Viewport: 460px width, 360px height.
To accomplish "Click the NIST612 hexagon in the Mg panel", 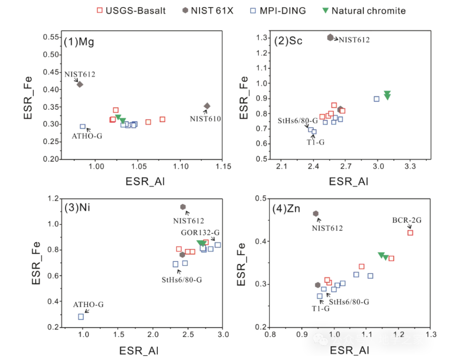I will coord(80,84).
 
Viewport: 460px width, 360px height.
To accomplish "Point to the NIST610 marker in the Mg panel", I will coord(207,106).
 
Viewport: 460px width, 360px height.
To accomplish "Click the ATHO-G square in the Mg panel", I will coord(83,126).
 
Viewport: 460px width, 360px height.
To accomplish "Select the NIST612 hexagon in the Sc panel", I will coord(331,37).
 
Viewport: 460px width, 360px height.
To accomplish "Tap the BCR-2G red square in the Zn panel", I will coord(410,233).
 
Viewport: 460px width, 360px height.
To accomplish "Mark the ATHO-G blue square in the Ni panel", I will coord(81,317).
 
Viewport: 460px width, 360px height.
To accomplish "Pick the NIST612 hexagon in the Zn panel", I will coord(316,213).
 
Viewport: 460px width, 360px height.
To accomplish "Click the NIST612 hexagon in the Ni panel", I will coord(183,207).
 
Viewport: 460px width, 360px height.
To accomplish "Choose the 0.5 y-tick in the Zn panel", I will coord(260,198).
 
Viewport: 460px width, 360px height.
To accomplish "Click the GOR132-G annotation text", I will coord(201,232).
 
